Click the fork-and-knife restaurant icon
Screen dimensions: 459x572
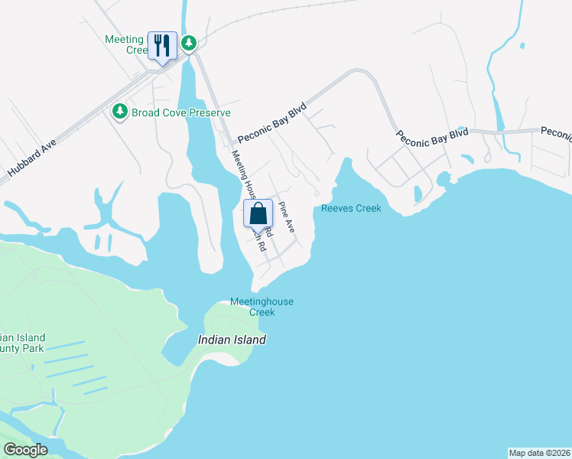pyautogui.click(x=161, y=45)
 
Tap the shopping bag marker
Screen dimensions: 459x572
pyautogui.click(x=258, y=213)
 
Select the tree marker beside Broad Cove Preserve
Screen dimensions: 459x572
pyautogui.click(x=119, y=112)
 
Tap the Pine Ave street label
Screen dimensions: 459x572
pyautogui.click(x=286, y=217)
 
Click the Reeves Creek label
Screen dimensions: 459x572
pyautogui.click(x=351, y=208)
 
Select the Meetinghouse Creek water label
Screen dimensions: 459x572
pyautogui.click(x=262, y=307)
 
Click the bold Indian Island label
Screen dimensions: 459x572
pyautogui.click(x=232, y=340)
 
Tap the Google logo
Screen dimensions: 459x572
pyautogui.click(x=25, y=450)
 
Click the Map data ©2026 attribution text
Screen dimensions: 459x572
pyautogui.click(x=539, y=452)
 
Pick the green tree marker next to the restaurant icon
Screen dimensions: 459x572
pyautogui.click(x=188, y=43)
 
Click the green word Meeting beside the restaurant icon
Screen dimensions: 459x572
pyautogui.click(x=124, y=40)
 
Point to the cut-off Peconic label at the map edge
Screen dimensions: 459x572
pyautogui.click(x=556, y=133)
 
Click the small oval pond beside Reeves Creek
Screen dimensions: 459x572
pyautogui.click(x=418, y=194)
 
